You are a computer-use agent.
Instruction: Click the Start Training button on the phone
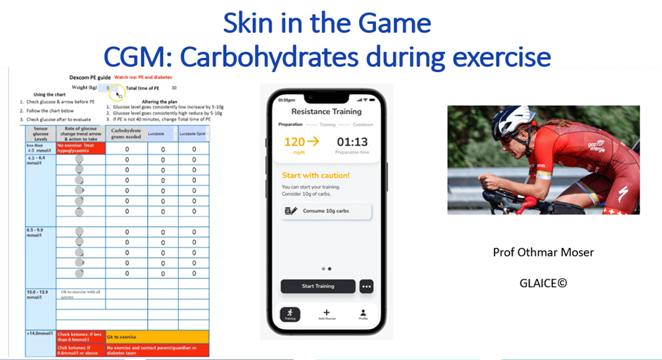click(318, 286)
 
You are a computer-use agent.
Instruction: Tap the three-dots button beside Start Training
click(366, 286)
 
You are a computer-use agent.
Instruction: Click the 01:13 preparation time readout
click(352, 142)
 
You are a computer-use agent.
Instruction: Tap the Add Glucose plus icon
click(326, 313)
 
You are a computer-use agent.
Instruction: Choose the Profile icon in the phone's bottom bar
click(363, 313)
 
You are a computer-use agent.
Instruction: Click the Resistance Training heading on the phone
click(326, 111)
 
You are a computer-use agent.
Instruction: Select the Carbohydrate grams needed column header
click(127, 133)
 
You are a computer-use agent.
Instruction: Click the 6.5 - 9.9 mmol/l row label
click(38, 232)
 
